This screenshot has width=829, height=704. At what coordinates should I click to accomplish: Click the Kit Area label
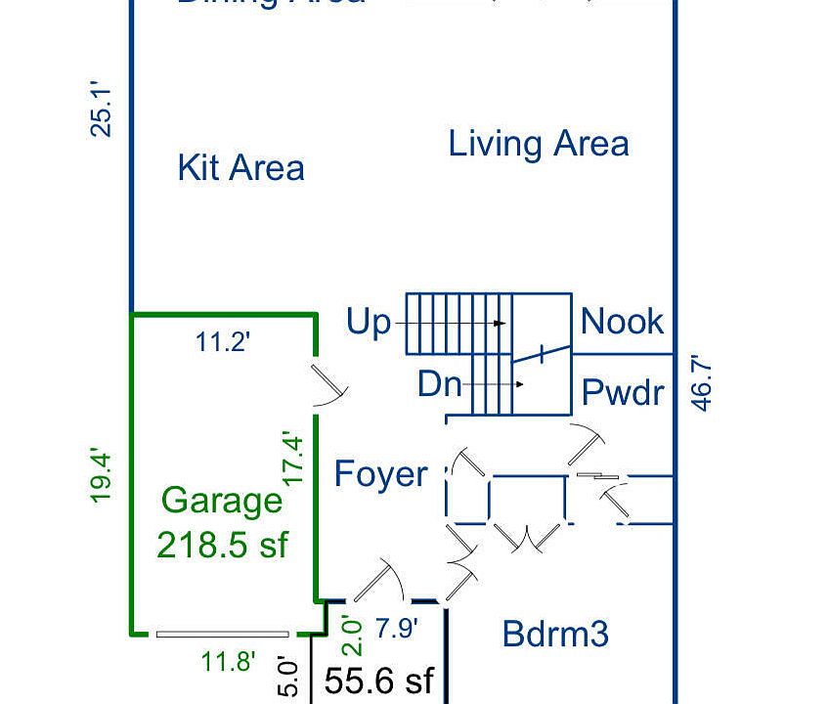point(240,167)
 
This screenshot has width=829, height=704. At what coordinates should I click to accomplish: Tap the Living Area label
point(538,144)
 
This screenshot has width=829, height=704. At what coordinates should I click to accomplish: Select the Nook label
point(622,321)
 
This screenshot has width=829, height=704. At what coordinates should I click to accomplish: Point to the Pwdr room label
point(623,392)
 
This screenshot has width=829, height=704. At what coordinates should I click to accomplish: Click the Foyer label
point(380,474)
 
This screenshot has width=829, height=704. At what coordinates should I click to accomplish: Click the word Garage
point(222,501)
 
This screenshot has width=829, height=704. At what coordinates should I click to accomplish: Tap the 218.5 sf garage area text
point(222,544)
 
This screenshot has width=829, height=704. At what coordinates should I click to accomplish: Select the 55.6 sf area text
point(378,681)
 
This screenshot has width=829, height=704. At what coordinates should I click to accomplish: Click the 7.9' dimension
point(398,628)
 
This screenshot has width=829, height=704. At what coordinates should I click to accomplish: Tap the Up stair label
point(368,322)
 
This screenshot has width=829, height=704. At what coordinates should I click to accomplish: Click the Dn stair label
point(439,383)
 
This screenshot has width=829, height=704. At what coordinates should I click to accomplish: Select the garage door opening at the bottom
point(222,634)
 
